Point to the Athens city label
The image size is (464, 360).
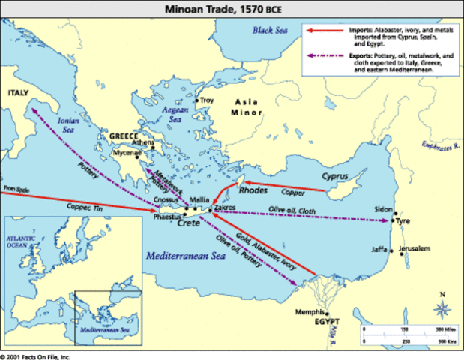143,142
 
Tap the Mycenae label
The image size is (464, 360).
127,153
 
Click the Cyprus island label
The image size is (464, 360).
335,178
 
